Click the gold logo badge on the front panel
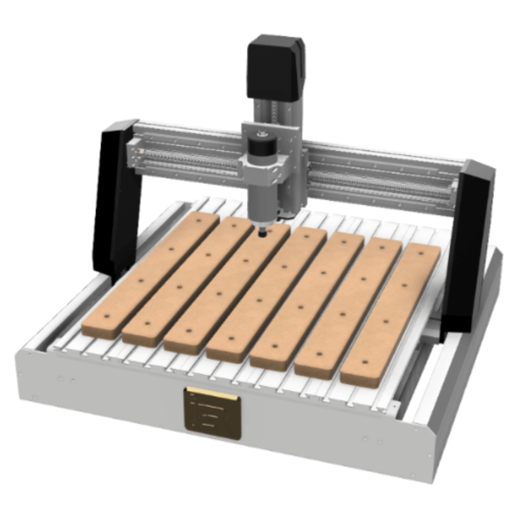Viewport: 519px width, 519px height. tap(212, 413)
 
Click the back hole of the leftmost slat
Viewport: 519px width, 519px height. tap(198, 221)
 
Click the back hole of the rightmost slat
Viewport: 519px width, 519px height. tap(420, 253)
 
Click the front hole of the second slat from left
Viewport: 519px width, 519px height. tap(147, 324)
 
